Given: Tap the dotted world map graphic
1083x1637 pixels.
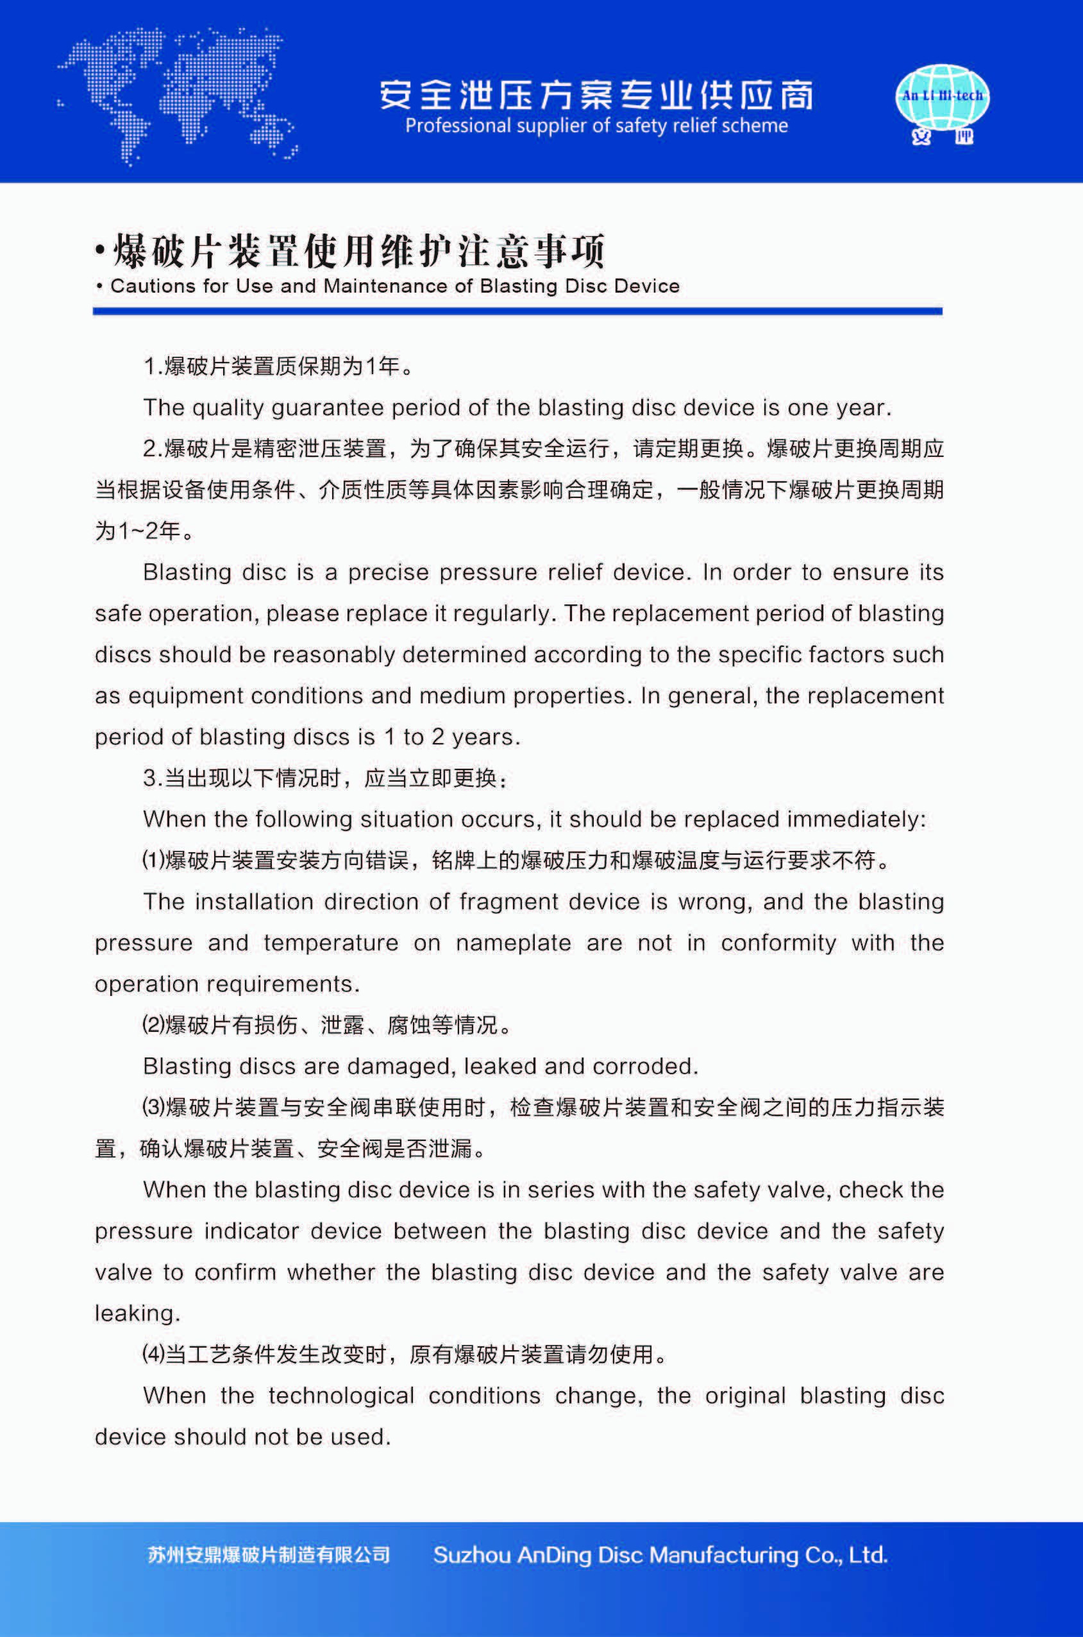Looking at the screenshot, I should [x=178, y=95].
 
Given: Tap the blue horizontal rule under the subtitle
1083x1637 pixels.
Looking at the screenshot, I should [x=517, y=311].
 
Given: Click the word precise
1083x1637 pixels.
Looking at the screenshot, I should [x=390, y=573].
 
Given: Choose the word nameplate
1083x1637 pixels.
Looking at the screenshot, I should [x=513, y=943].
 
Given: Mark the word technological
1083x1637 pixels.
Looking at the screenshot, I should [x=341, y=1396].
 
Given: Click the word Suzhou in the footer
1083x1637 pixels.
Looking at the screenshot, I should [x=471, y=1556].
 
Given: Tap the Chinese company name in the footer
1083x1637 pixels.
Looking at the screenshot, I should [x=269, y=1556].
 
